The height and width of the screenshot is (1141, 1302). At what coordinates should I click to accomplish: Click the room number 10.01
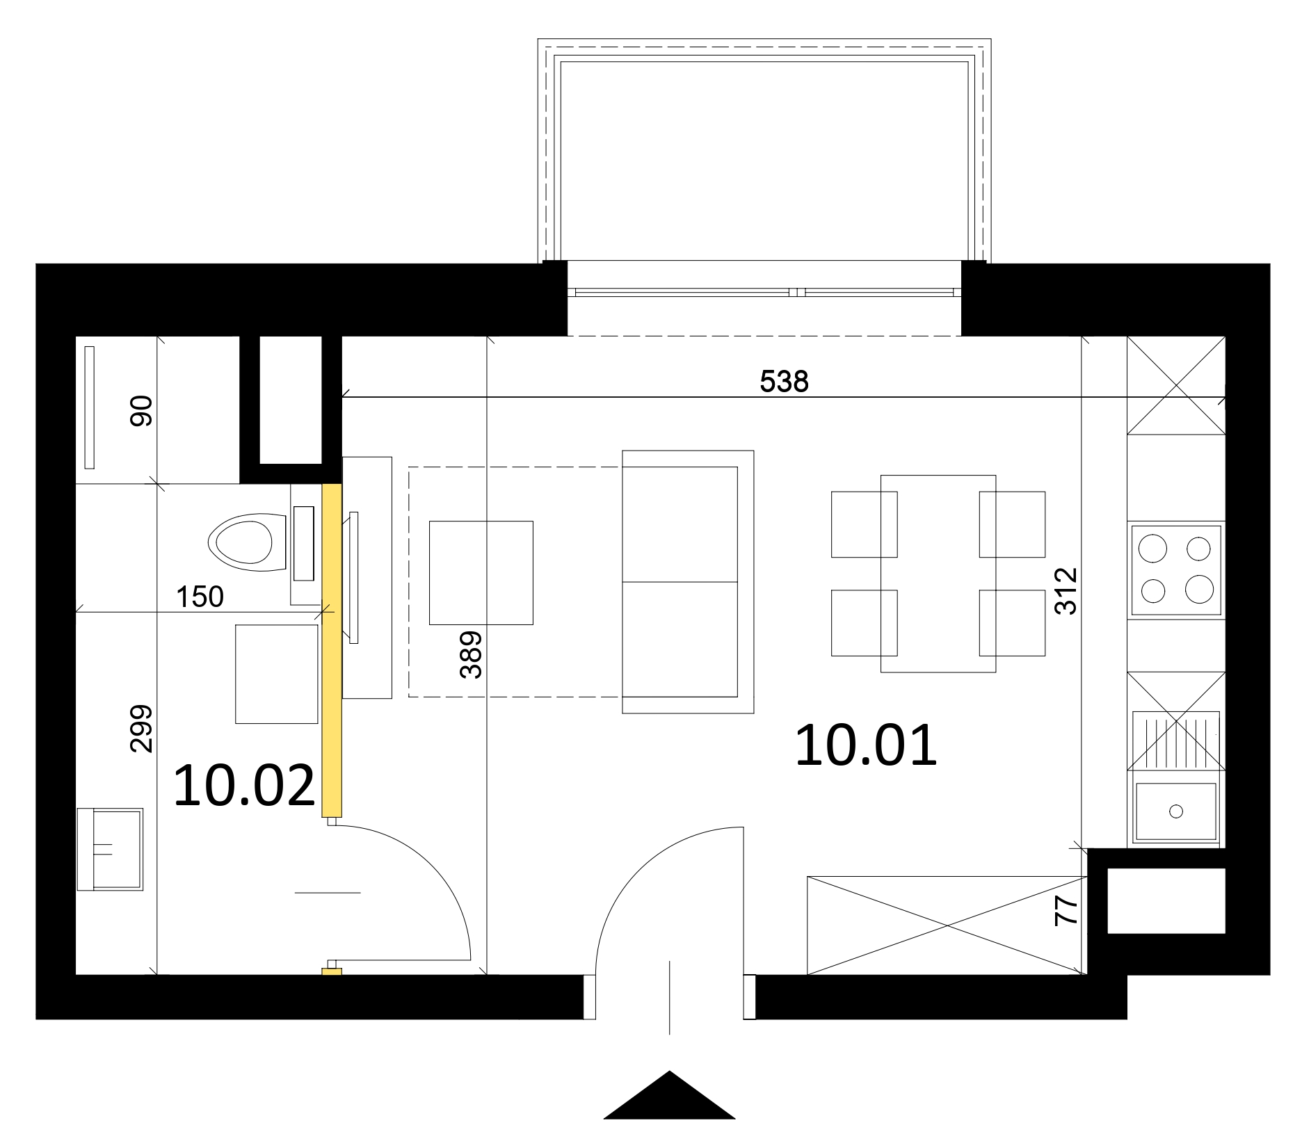[x=867, y=745]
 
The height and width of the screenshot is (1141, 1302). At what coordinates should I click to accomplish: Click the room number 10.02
[x=245, y=786]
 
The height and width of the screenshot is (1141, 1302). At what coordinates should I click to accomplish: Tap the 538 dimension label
[x=785, y=381]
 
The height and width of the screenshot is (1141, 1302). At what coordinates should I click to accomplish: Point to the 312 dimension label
[x=1066, y=591]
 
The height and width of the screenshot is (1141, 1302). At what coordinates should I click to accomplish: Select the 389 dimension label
[x=471, y=654]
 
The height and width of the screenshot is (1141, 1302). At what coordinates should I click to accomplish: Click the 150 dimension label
[x=200, y=597]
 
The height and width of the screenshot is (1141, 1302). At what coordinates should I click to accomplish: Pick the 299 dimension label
[x=140, y=729]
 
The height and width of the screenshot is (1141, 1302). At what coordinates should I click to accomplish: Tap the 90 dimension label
[x=140, y=410]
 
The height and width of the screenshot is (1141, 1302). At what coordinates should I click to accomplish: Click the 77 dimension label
[x=1066, y=909]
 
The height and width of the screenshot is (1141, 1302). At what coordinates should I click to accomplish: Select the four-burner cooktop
[x=1176, y=570]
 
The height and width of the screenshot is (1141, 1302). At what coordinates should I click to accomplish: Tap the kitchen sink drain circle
[x=1176, y=811]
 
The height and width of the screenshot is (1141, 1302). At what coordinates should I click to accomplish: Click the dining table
[x=938, y=574]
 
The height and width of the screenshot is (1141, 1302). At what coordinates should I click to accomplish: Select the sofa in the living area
[x=688, y=581]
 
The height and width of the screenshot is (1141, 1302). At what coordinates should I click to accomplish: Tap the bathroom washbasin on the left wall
[x=110, y=849]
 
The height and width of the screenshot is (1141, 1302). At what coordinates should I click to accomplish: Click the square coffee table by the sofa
[x=481, y=573]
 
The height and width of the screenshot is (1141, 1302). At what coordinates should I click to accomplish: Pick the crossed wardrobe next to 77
[x=946, y=925]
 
